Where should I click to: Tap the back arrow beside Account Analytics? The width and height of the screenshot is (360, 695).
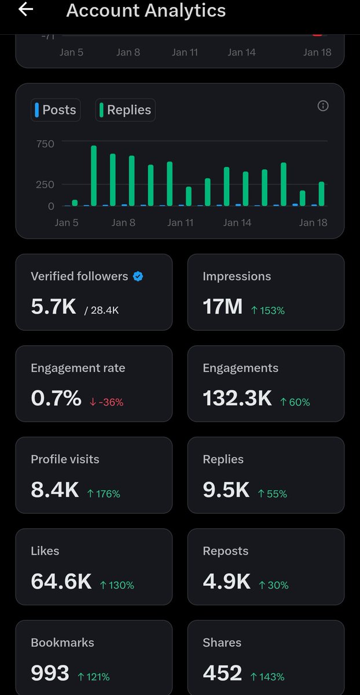26,10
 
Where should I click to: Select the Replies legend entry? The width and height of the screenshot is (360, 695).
125,110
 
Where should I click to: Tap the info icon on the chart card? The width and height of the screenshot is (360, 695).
323,105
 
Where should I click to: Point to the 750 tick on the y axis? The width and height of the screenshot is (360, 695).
45,144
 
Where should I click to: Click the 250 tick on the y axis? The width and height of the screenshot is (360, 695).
45,184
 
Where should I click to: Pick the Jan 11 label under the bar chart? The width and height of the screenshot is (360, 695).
180,222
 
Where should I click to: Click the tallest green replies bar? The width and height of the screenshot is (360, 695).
94,175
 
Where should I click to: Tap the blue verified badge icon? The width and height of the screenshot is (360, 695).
138,276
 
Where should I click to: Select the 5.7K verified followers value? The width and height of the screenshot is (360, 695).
53,307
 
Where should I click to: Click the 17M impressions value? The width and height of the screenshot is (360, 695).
222,307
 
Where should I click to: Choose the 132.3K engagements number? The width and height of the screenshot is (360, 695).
237,398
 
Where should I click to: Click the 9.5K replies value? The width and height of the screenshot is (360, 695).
226,490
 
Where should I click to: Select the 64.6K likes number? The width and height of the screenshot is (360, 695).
61,581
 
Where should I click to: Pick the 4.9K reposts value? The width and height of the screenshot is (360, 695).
226,581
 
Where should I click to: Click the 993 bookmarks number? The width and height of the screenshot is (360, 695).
50,673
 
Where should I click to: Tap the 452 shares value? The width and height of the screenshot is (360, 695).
222,673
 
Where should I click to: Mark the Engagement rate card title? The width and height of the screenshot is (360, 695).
78,368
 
